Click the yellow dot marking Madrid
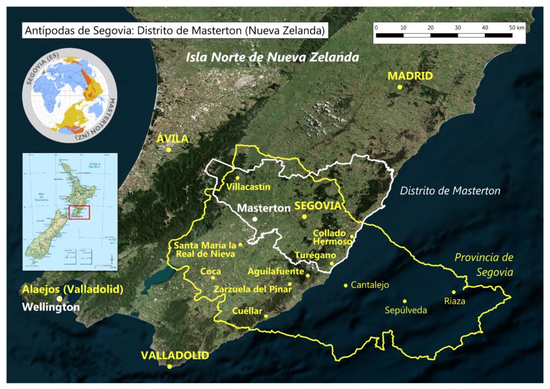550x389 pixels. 400,87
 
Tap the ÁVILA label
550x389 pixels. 172,139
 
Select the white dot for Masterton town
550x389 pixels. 255,219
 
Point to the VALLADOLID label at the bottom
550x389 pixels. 175,355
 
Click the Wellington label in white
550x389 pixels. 51,307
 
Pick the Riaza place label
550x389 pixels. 454,301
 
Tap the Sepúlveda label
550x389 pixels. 407,310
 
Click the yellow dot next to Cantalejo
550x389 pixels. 345,285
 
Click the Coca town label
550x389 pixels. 211,271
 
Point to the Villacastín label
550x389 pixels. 249,187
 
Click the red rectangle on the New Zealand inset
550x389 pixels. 79,212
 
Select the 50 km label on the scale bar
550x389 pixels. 515,27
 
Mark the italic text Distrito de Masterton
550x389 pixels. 450,190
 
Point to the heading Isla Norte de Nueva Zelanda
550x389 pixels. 272,57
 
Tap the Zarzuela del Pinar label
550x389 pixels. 252,289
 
